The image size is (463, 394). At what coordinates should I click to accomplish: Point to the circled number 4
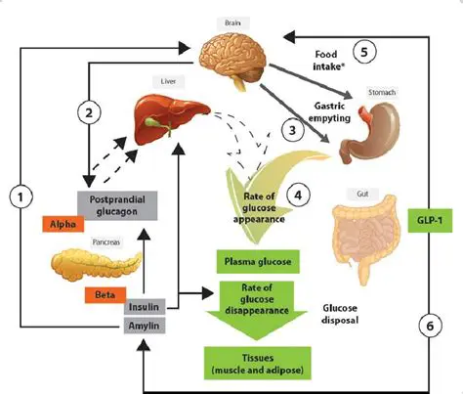tap(298, 194)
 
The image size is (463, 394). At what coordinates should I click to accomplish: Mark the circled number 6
tap(428, 324)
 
